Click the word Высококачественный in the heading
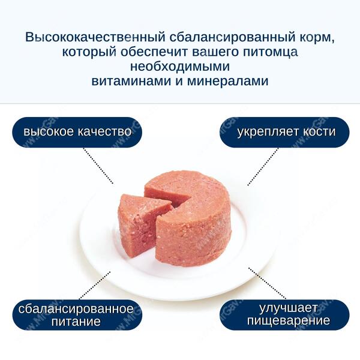point(95,37)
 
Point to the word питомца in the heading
point(270,52)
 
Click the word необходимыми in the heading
point(180,67)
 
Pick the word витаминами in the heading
point(131,81)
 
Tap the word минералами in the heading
point(228,81)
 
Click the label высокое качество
point(77,132)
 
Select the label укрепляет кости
point(284,132)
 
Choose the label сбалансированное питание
point(77,315)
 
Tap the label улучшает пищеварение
point(284,315)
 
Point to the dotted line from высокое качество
point(98,166)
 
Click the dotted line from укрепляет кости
point(263,167)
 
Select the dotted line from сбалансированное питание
point(95,286)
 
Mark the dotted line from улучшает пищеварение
point(267,283)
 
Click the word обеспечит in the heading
point(155,52)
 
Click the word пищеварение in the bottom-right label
point(289,321)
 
